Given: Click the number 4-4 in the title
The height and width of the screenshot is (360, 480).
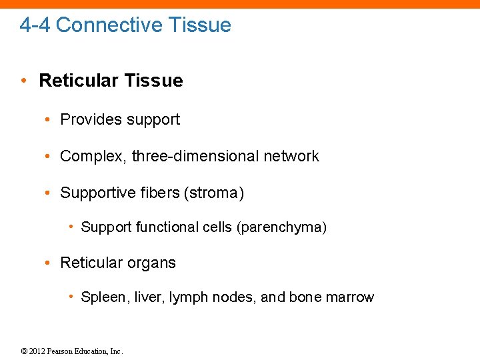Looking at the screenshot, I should [35, 25].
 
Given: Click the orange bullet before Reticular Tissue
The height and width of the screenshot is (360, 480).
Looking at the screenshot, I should [23, 81].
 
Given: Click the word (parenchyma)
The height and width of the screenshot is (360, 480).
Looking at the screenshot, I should [281, 228].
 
